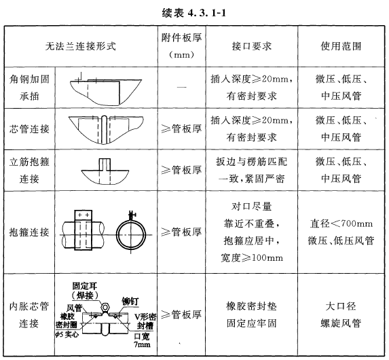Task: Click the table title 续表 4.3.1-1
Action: pos(194,13)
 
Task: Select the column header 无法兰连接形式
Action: pos(81,46)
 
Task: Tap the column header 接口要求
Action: pos(252,46)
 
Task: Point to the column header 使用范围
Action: pos(341,46)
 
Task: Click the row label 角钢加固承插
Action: pos(29,88)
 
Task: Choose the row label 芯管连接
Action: pos(29,129)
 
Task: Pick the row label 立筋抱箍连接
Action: pos(29,170)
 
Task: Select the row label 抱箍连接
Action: pos(29,232)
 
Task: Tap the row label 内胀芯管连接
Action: pos(29,314)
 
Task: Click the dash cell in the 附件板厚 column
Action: pos(182,87)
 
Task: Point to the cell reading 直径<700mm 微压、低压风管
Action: pos(341,232)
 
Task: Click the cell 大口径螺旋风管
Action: pos(341,314)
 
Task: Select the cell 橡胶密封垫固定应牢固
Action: pos(251,314)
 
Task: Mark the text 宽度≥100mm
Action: pos(252,257)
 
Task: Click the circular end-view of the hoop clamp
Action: pos(131,234)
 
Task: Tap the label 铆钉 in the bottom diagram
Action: pos(130,301)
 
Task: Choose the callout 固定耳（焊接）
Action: pos(85,291)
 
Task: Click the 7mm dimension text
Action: pos(142,344)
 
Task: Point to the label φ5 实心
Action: pos(67,334)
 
